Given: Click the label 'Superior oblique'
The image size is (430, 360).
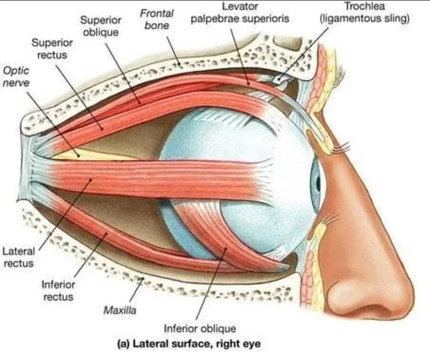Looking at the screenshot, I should tap(101, 26).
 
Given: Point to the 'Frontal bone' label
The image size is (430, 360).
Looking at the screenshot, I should tap(157, 19).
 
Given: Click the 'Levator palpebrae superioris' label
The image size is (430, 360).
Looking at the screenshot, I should tap(240, 13).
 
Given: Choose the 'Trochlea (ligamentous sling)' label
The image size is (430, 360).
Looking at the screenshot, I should tap(365, 13).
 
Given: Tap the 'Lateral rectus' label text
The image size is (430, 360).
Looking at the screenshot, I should tap(18, 257).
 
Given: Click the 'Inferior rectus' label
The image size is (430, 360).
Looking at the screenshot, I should tap(57, 291).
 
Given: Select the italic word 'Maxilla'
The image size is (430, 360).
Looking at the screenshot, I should tap(120, 310).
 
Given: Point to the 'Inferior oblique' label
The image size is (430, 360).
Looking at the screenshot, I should tap(200, 329).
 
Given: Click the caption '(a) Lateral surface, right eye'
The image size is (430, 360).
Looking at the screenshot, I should tap(188, 344).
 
